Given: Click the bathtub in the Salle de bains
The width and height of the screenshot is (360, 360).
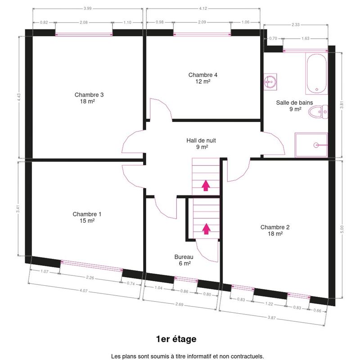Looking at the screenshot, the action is [x=316, y=73].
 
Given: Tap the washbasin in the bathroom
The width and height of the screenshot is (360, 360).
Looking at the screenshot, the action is [x=270, y=82].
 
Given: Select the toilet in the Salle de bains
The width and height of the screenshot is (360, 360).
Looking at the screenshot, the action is [x=318, y=112].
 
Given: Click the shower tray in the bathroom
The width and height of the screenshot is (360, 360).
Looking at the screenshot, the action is [x=311, y=145].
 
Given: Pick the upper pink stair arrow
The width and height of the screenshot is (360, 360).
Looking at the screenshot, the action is [x=206, y=185].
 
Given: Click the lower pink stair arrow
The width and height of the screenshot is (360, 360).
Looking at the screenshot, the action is [x=206, y=229].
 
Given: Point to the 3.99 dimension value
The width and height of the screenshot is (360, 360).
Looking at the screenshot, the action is [x=87, y=9].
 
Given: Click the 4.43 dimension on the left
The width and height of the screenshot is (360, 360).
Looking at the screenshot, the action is [x=19, y=97].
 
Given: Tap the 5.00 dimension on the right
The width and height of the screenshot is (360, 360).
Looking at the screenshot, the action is [x=342, y=229].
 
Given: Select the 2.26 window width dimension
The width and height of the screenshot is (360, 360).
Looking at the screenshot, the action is [x=90, y=278].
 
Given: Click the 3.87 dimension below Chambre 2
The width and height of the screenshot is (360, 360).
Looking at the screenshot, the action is [x=272, y=318].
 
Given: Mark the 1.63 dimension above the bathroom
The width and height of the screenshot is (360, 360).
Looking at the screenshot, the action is [x=306, y=38].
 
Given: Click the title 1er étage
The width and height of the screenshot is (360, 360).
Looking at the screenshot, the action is [x=176, y=339].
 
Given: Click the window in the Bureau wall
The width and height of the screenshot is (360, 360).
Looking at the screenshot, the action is [x=186, y=279].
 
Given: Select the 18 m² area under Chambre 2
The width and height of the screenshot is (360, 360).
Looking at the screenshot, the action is [x=275, y=234].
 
